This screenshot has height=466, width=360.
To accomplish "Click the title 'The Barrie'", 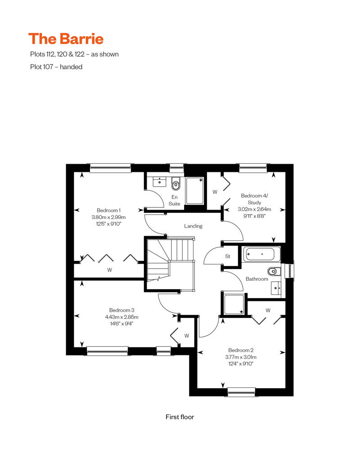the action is tap(66, 39).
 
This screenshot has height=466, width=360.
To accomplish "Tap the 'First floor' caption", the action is tap(180, 417).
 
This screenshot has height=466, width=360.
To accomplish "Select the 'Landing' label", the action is tap(193, 226).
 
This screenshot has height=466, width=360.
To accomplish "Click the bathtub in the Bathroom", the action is tap(262, 254).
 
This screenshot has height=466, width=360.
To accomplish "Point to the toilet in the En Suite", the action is tap(175, 184).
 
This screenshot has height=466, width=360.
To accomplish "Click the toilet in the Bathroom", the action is tap(274, 271).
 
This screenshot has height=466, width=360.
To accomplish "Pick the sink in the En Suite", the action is tap(159, 181).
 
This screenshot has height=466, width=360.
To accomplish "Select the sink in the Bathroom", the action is tap(276, 288).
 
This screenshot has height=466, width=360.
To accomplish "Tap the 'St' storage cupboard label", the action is tap(228, 256).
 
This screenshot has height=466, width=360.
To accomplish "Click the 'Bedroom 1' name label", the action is tap(109, 211).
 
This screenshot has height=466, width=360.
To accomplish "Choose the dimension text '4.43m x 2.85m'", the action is tap(121, 317).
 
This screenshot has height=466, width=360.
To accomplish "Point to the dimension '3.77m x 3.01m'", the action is tap(241, 357).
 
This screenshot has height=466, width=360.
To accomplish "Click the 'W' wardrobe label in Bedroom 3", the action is tap(187, 336).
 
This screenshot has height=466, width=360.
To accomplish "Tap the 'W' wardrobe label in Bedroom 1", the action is tap(110, 270).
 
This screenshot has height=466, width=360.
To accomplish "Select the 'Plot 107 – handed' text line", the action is tap(56, 67).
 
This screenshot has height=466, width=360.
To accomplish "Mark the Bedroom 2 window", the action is tap(241, 392).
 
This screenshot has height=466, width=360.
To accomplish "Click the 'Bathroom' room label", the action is tap(257, 279).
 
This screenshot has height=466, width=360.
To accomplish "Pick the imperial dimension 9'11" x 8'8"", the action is tap(254, 216).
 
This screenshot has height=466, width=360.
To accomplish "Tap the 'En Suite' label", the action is tap(175, 200).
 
